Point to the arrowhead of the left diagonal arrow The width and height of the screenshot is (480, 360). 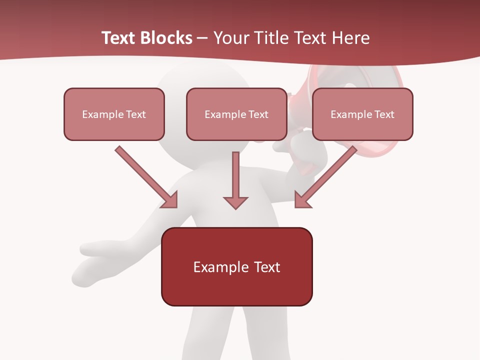click(170, 200)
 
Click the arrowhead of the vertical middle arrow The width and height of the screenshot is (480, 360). click(235, 202)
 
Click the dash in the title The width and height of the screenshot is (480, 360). click(202, 38)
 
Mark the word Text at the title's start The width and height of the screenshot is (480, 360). click(118, 38)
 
